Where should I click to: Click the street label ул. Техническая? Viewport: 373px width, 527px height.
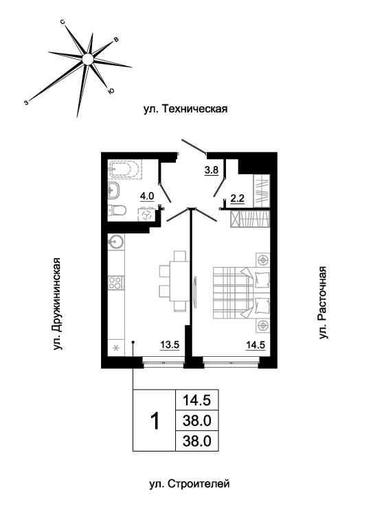point(185,109)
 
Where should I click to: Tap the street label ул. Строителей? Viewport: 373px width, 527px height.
point(190,484)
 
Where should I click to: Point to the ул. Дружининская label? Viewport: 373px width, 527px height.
point(58,304)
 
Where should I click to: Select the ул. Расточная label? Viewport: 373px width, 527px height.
point(323,303)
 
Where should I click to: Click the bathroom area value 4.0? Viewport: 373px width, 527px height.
point(147,196)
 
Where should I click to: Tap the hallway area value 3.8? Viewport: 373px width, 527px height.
point(212,170)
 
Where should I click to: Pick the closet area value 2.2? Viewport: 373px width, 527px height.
point(237,198)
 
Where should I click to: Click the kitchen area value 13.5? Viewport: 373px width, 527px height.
point(170,345)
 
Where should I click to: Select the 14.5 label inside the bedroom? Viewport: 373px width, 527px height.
point(256,345)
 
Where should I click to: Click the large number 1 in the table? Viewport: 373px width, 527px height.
point(155,421)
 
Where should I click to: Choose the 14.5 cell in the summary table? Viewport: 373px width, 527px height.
point(196,400)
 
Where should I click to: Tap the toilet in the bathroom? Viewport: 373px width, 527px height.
point(117,211)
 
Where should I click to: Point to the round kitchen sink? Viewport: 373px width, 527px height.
point(116,241)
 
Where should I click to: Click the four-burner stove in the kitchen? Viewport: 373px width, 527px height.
point(116,283)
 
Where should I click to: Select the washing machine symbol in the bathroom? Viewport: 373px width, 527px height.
point(147,215)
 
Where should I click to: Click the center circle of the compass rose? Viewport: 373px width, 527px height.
point(87,59)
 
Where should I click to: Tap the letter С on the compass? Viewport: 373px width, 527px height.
point(63,22)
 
